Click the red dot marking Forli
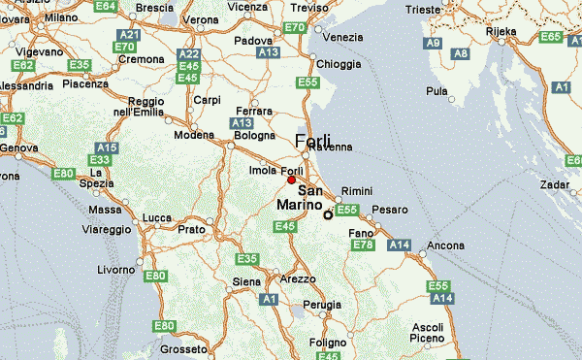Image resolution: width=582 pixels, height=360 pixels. (x=291, y=180)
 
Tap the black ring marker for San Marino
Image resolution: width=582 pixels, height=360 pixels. (x=328, y=214)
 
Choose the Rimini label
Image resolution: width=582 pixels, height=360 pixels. (x=357, y=192)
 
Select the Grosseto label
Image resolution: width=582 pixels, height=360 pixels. (x=178, y=349)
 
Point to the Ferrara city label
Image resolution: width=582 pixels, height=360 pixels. (x=254, y=111)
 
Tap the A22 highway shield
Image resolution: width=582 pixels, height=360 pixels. (x=190, y=54)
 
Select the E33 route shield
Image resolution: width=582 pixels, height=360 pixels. (x=98, y=159)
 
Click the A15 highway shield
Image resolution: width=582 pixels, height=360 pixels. (x=108, y=147)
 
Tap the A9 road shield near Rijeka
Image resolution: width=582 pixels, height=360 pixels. (x=433, y=44)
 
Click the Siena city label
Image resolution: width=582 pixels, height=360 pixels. (x=247, y=282)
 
